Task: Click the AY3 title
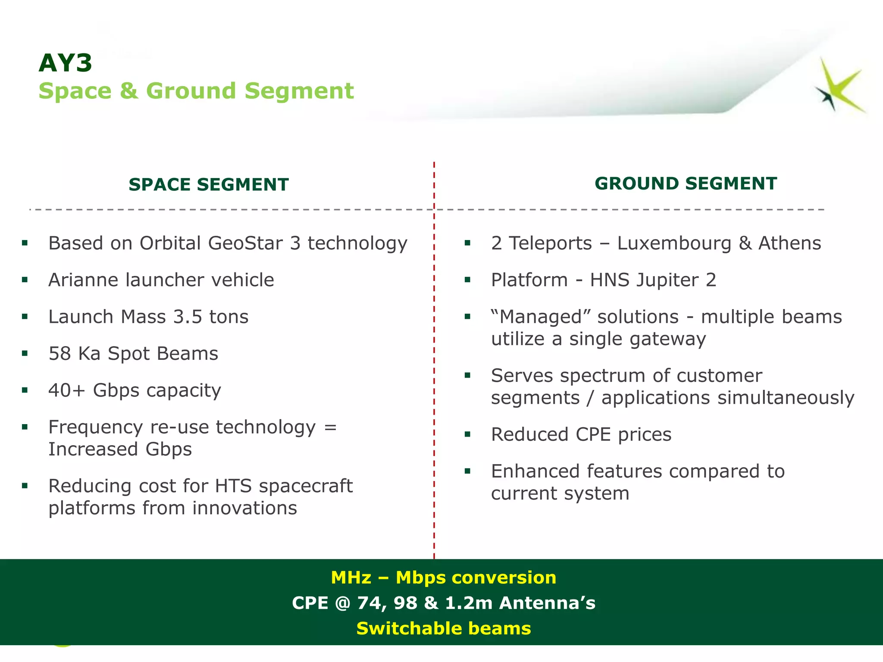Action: point(66,63)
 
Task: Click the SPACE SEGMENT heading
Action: point(209,184)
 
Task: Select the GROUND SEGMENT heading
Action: point(686,184)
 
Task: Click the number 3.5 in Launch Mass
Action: point(188,317)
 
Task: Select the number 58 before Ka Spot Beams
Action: point(59,354)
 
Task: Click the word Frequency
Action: point(96,428)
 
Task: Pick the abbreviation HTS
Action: point(233,486)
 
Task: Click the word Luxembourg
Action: point(674,243)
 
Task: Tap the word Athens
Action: point(789,243)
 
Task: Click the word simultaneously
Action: point(786,397)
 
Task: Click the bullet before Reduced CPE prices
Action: point(467,434)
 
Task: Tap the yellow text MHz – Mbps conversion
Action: point(443,578)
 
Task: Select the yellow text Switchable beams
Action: point(443,628)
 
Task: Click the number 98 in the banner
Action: point(405,603)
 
